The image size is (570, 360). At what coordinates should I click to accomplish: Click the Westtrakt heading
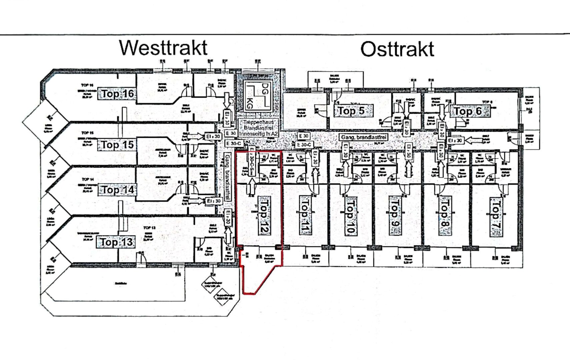coord(163,48)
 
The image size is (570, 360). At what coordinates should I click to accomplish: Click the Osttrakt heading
coord(397,49)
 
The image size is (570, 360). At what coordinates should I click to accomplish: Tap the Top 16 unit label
coord(118,94)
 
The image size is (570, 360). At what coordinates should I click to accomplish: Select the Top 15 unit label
coord(117,145)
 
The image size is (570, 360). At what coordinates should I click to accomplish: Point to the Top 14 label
coord(118,190)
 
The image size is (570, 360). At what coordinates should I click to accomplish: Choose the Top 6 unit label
coord(468,111)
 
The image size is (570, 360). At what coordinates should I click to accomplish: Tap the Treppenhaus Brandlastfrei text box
coord(258,128)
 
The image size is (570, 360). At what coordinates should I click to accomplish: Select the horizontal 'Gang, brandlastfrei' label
coord(364,137)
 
